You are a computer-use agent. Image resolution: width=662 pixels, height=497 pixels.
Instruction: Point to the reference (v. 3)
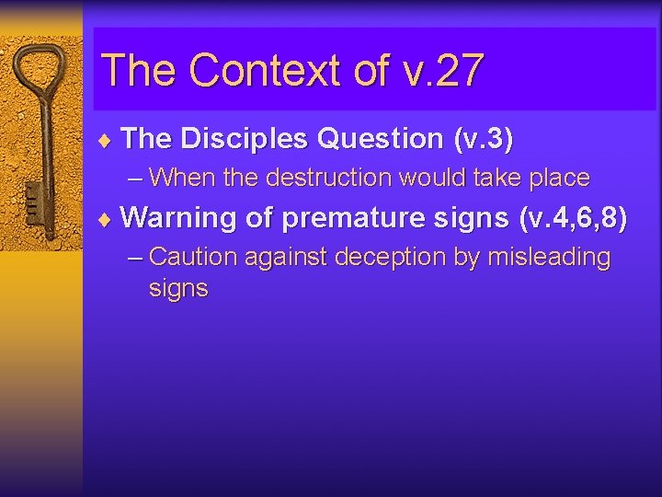pos(483,139)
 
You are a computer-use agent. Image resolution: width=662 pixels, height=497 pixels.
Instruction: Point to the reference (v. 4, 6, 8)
pos(573,218)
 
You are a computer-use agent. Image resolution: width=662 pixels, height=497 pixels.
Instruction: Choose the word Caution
pos(190,257)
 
